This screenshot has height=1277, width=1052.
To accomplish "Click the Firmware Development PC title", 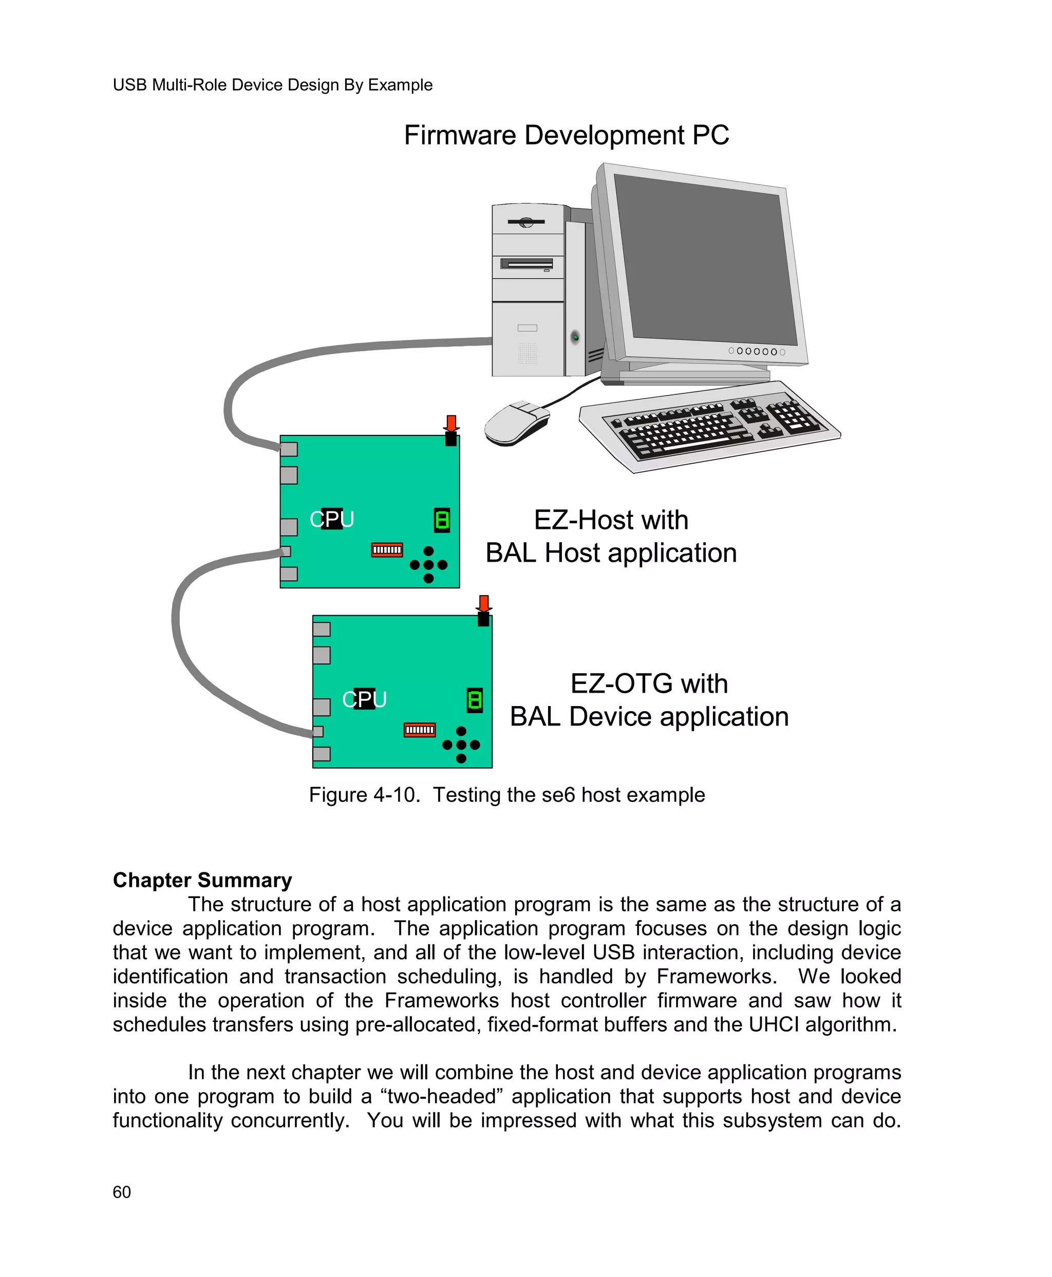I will pos(566,135).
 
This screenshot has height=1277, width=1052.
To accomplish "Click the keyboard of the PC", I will pos(709,427).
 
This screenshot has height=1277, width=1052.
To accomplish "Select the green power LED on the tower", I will pos(575,336).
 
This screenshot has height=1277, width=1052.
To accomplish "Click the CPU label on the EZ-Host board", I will pos(331,519).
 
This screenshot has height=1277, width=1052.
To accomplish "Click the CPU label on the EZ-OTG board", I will pos(364,699).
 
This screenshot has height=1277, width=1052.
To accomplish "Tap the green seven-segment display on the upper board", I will pos(442,520).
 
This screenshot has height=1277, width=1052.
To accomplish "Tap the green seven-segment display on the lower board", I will pos(475,700).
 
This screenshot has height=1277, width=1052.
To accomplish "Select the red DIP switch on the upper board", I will pos(387,550).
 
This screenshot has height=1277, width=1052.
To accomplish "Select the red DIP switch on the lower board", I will pos(419,730).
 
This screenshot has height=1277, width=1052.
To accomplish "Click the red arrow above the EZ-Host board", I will pos(451,423).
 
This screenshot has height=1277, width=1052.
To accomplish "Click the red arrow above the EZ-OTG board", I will pos(483,603).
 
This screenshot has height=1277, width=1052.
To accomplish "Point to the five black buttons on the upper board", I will pos(428,565).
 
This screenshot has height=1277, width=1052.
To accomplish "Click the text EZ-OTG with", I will pos(648,683).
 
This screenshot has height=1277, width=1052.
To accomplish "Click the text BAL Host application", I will pos(611,553).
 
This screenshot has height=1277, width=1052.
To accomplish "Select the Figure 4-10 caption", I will pos(506,795).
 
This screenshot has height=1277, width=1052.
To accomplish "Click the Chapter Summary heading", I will pos(202,880).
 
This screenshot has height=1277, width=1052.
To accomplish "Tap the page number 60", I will pos(122,1192).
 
